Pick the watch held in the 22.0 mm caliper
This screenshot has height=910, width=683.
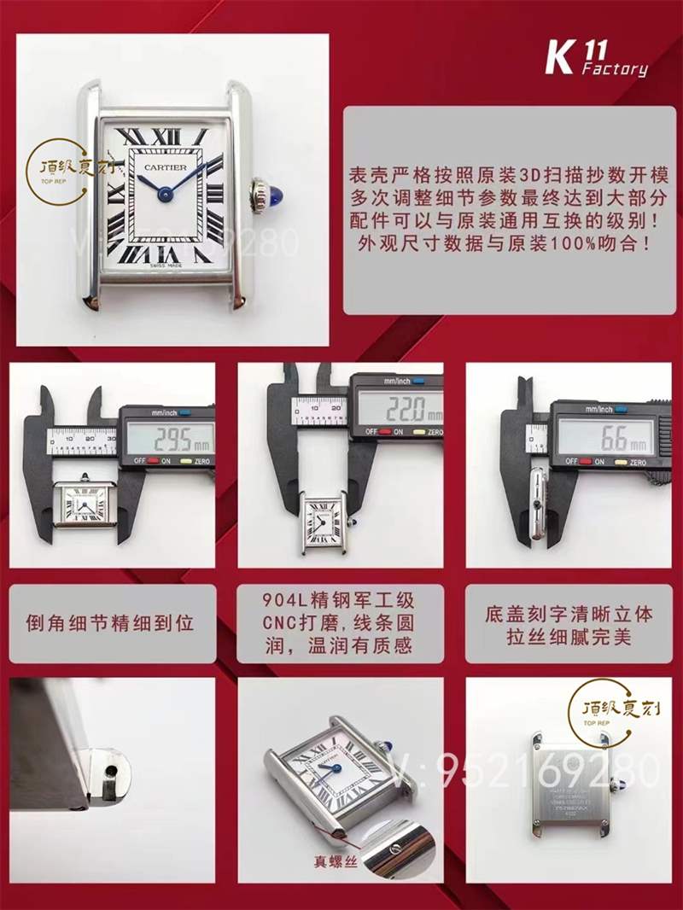click(x=325, y=522)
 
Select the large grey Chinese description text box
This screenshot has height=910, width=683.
click(x=504, y=210)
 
